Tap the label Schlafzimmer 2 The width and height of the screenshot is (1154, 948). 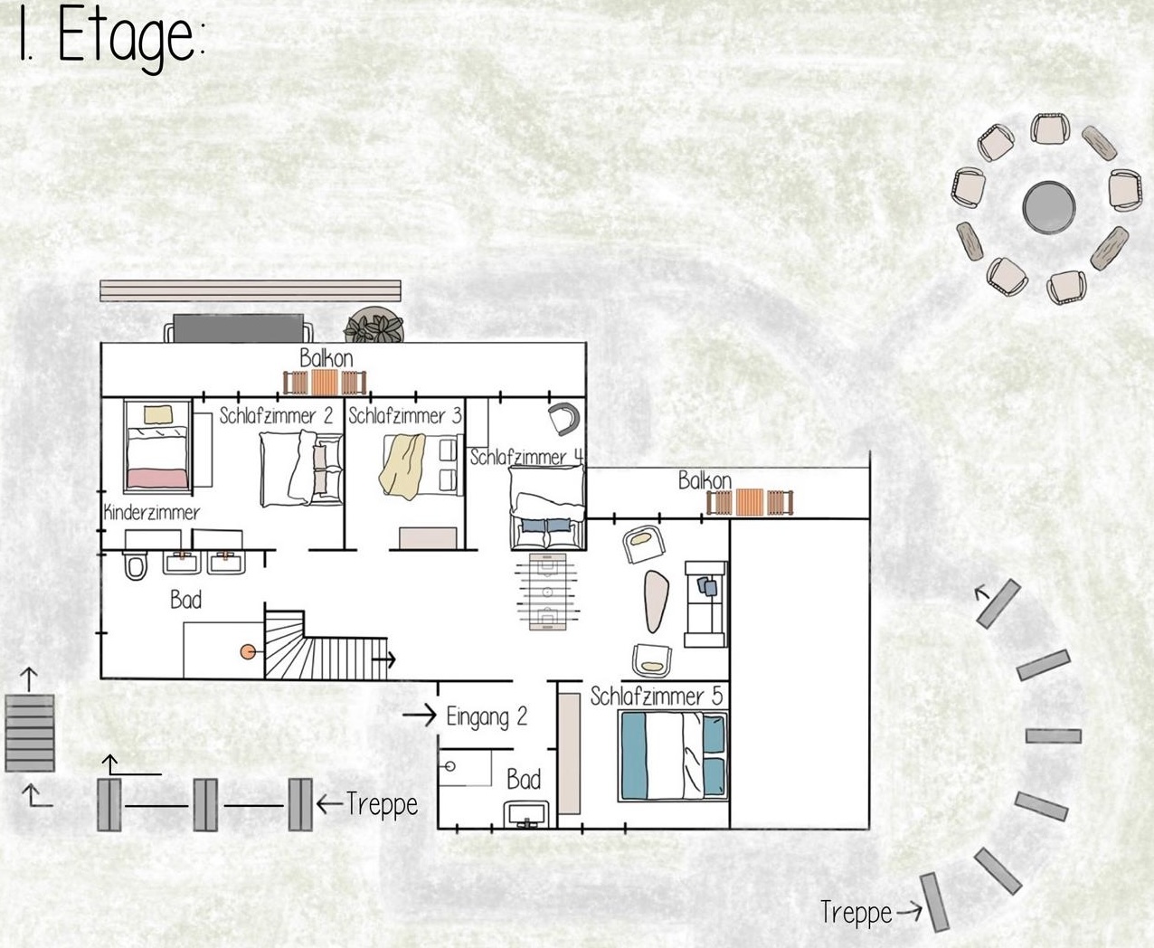pyautogui.click(x=276, y=416)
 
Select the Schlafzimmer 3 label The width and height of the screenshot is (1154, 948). pyautogui.click(x=405, y=416)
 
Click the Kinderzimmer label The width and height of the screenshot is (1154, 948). pyautogui.click(x=152, y=513)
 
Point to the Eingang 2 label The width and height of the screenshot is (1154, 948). pyautogui.click(x=487, y=716)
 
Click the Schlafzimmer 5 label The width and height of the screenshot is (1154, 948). pyautogui.click(x=656, y=697)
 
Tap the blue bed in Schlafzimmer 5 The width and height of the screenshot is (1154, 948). pyautogui.click(x=673, y=756)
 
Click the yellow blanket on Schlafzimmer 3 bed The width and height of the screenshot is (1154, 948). pyautogui.click(x=402, y=465)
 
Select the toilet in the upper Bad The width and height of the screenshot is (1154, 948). pyautogui.click(x=135, y=565)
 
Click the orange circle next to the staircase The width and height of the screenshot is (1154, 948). pyautogui.click(x=248, y=651)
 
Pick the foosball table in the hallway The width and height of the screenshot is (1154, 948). pyautogui.click(x=547, y=592)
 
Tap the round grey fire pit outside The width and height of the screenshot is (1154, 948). pyautogui.click(x=1048, y=207)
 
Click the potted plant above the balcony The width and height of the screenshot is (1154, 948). pyautogui.click(x=374, y=325)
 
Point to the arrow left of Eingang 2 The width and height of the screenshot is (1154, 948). pyautogui.click(x=419, y=715)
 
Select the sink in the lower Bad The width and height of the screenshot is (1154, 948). pyautogui.click(x=525, y=815)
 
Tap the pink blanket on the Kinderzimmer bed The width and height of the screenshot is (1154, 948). pyautogui.click(x=157, y=479)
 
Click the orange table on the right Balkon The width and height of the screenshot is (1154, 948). pyautogui.click(x=750, y=502)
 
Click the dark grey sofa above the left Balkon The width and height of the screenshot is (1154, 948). pyautogui.click(x=239, y=327)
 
